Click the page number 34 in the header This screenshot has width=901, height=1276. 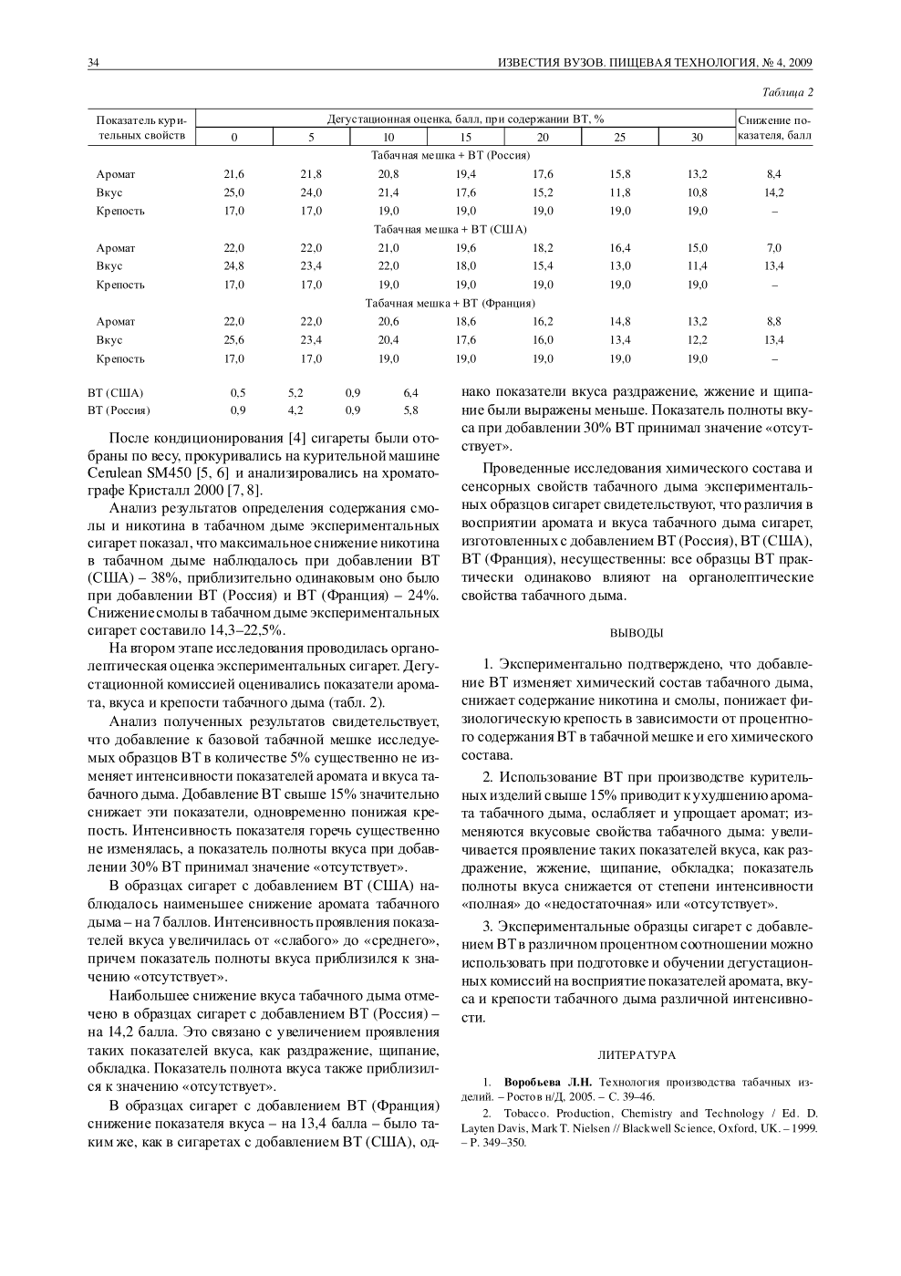click(x=93, y=63)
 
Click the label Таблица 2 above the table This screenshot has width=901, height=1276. click(x=787, y=93)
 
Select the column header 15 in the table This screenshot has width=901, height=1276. click(x=465, y=137)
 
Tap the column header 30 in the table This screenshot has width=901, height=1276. click(x=697, y=137)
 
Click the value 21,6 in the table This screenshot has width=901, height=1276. click(x=234, y=174)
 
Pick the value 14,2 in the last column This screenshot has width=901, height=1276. click(x=774, y=192)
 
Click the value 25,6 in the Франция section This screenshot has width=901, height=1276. click(x=234, y=340)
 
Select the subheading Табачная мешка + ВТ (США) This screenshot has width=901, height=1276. click(x=450, y=229)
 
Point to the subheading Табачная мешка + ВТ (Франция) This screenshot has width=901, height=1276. click(x=450, y=303)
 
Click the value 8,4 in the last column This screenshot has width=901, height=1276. click(x=774, y=174)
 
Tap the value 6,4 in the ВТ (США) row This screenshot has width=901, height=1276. click(x=410, y=393)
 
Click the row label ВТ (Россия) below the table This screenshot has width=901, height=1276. click(x=119, y=410)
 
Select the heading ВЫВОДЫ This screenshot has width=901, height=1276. click(x=637, y=632)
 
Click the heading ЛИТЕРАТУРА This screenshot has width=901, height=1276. click(x=637, y=1054)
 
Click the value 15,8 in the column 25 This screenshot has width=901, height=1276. click(x=620, y=174)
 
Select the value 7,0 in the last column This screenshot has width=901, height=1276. click(x=774, y=248)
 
